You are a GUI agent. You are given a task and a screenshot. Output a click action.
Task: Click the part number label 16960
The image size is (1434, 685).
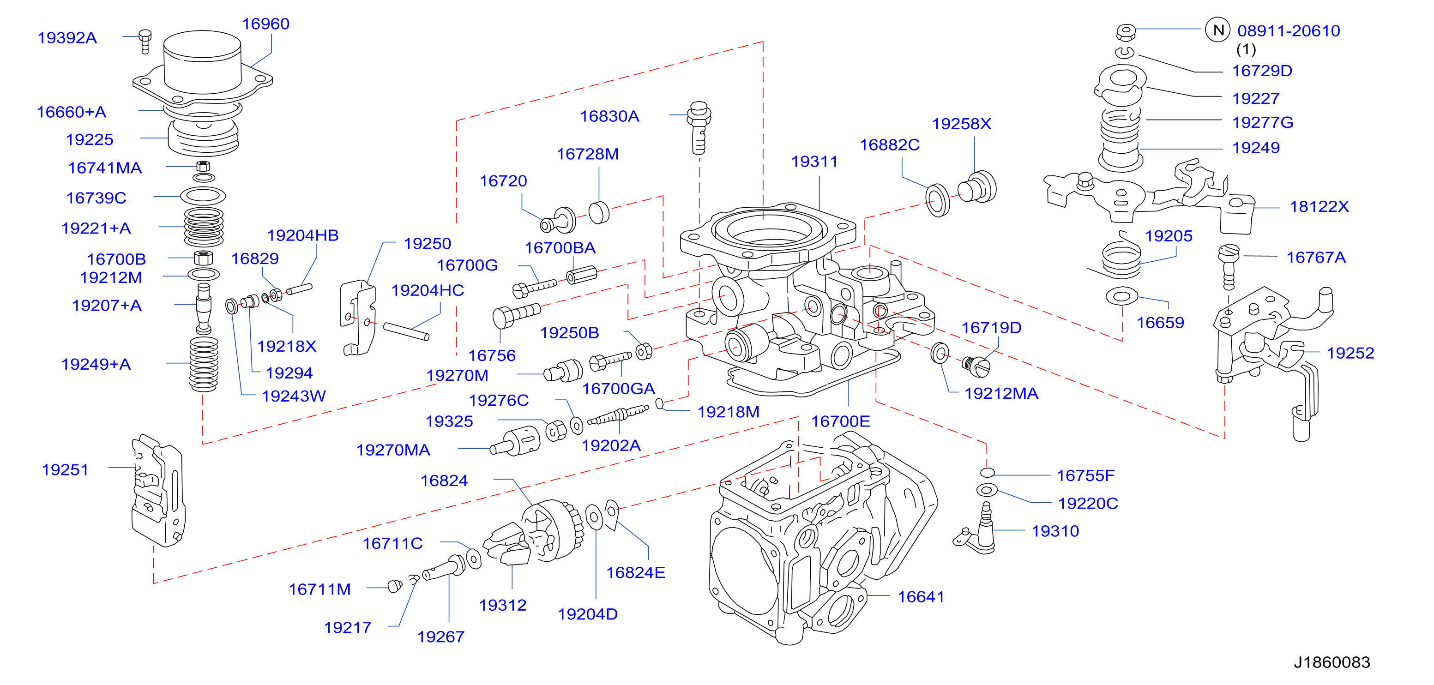click(265, 24)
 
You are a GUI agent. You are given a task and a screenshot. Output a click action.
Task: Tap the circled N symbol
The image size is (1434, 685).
click(1217, 30)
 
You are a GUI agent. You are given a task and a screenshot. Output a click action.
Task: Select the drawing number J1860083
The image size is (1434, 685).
click(1332, 662)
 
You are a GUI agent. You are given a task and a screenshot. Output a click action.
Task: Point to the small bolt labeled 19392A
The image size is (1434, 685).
click(145, 41)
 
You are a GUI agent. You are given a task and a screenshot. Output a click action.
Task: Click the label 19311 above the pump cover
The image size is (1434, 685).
click(814, 162)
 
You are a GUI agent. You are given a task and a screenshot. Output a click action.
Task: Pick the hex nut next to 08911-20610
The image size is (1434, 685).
click(1126, 32)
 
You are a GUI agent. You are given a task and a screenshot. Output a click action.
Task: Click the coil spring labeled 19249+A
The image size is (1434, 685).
click(204, 364)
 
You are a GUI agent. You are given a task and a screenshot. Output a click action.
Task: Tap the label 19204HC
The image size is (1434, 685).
click(428, 290)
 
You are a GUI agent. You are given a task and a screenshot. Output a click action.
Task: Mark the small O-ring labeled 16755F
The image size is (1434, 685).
click(987, 472)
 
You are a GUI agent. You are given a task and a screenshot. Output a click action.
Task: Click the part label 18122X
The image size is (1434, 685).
click(1320, 206)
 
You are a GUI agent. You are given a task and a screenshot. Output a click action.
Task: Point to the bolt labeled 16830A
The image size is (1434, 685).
click(699, 128)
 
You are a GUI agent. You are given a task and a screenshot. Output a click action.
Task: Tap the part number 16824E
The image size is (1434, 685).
click(635, 572)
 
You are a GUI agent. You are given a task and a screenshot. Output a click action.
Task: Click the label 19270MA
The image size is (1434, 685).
click(393, 450)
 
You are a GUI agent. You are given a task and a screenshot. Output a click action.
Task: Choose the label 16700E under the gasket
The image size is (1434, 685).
click(840, 421)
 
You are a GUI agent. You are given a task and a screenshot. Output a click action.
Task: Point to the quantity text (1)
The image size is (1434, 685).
click(1246, 49)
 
